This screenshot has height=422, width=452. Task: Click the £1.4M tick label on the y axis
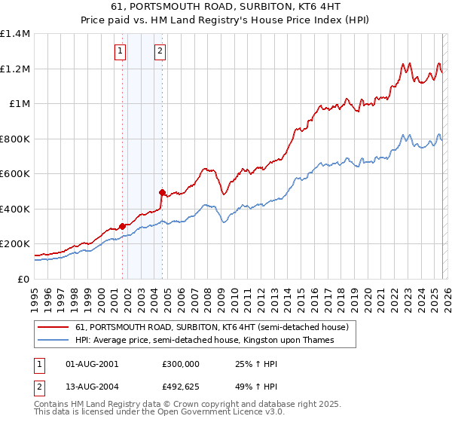(x=15, y=34)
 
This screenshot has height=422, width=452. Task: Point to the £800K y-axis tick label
(x=15, y=139)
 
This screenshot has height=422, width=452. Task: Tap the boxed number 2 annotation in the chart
(x=160, y=51)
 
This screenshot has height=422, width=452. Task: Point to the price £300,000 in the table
(x=180, y=363)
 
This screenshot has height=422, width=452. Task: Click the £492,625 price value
(x=180, y=389)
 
